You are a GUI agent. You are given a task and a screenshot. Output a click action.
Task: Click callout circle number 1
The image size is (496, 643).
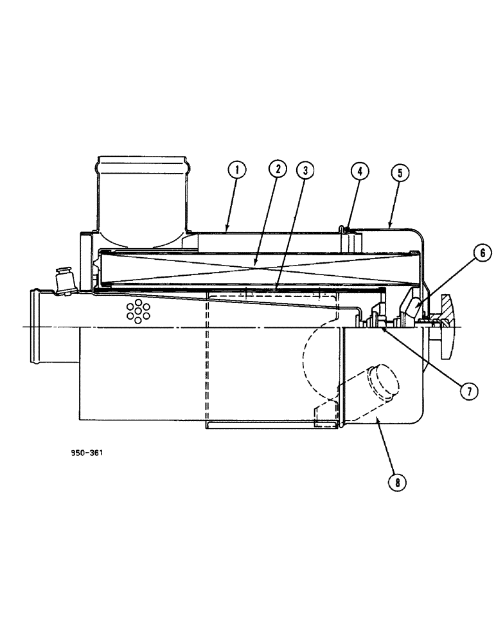238,170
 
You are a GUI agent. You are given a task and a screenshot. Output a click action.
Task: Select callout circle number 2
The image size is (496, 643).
278,170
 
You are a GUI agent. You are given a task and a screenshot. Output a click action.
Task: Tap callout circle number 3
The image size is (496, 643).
306,170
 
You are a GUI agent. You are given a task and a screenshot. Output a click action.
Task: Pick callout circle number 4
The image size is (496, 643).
360,171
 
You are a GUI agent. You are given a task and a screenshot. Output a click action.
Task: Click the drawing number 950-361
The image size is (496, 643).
87,453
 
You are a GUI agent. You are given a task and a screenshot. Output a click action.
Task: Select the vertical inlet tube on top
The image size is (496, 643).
141,193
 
